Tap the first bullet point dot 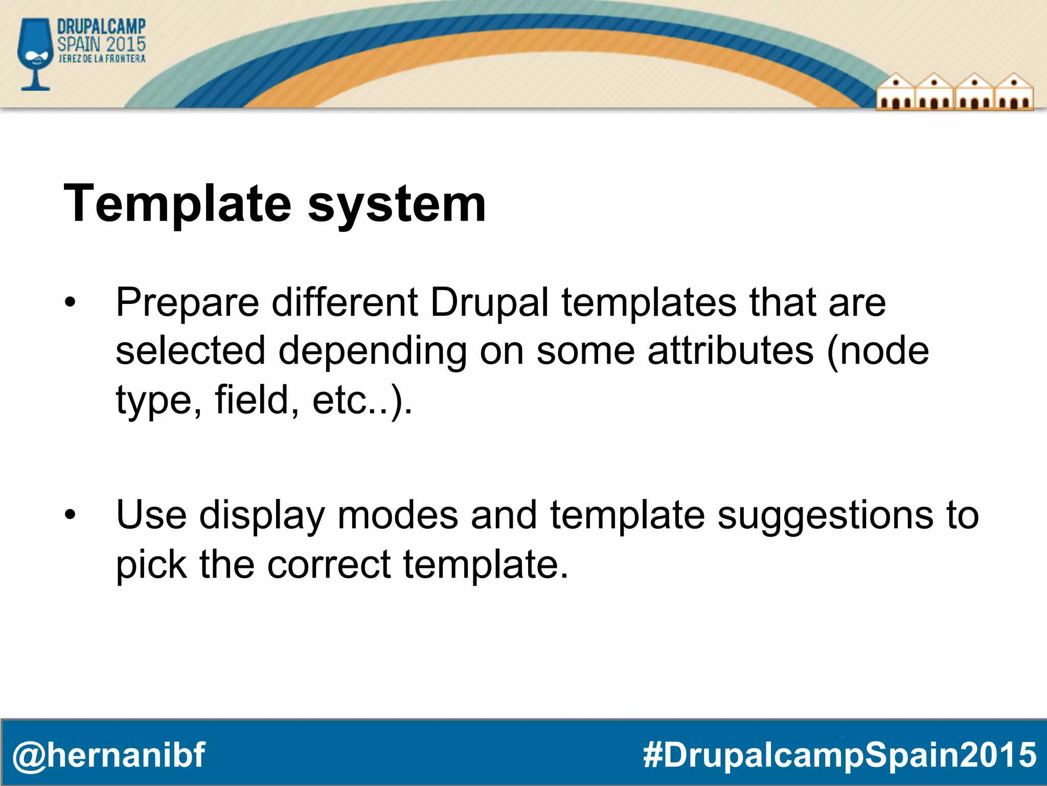70,302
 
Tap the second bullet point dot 70,515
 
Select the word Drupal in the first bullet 489,302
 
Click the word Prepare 188,303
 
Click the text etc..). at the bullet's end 362,401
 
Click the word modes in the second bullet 397,515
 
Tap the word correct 329,564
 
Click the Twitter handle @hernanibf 108,755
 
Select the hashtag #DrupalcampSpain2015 839,755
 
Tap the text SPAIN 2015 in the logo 101,44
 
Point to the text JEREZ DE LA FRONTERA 102,59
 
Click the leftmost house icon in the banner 895,93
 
